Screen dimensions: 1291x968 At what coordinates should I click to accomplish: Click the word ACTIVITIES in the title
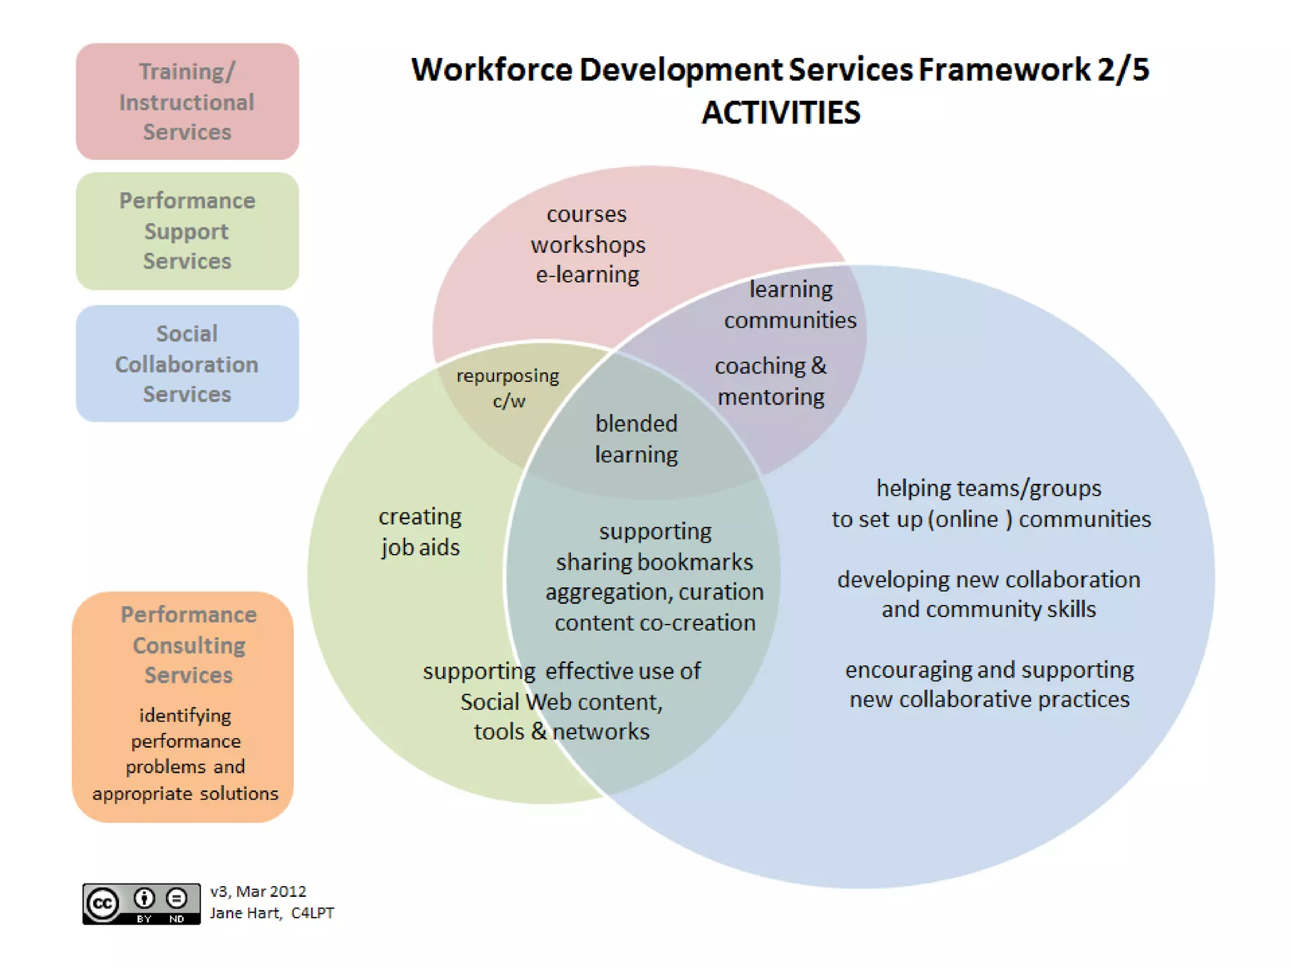tap(780, 113)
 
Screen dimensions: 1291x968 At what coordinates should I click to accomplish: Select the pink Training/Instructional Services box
tap(187, 101)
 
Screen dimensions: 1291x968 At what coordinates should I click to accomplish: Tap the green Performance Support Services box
tap(187, 231)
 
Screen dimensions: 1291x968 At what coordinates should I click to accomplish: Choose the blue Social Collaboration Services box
tap(187, 364)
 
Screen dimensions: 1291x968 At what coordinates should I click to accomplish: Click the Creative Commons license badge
tap(141, 904)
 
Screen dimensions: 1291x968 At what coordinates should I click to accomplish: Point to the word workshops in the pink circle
tap(588, 245)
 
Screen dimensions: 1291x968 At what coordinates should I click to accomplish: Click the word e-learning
tap(588, 275)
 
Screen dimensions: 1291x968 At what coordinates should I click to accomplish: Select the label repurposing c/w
tap(508, 388)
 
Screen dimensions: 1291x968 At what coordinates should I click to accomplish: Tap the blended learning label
tap(636, 439)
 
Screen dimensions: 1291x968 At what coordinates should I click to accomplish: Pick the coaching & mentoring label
tap(770, 381)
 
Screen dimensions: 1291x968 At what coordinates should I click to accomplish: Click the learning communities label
tap(790, 304)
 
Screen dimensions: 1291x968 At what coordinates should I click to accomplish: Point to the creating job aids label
tap(420, 531)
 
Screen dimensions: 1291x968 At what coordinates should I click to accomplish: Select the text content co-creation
tap(655, 623)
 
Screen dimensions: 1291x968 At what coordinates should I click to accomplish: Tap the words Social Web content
tap(561, 701)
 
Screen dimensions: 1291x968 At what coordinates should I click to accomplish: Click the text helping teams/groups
tap(988, 488)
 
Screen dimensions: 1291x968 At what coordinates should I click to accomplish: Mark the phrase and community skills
tap(988, 609)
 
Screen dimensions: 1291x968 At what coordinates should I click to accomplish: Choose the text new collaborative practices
tap(989, 700)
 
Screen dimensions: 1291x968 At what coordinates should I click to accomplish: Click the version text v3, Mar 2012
tap(258, 891)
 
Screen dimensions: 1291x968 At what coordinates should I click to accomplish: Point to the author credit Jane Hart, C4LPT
tap(272, 913)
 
